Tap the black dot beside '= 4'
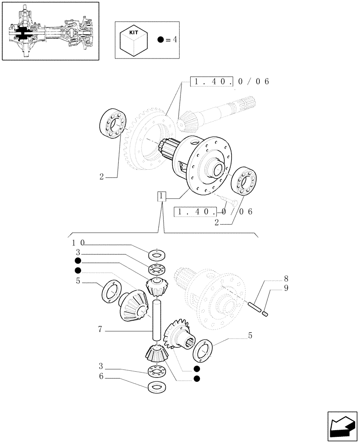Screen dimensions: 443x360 [161, 40]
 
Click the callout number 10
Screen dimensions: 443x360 [78, 243]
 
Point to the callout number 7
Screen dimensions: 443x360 [101, 329]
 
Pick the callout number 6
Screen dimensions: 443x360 [101, 378]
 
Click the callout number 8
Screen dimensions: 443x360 [286, 279]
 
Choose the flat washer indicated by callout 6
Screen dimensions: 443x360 [156, 387]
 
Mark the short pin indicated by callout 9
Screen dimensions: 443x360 [266, 314]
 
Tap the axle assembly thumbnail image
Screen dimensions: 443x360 [50, 31]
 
